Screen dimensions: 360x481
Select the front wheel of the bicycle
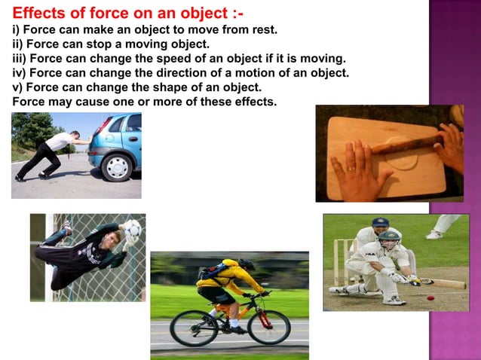pos(268,328)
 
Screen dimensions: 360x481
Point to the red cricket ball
pos(430,298)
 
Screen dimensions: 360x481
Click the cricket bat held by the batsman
pos(446,284)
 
